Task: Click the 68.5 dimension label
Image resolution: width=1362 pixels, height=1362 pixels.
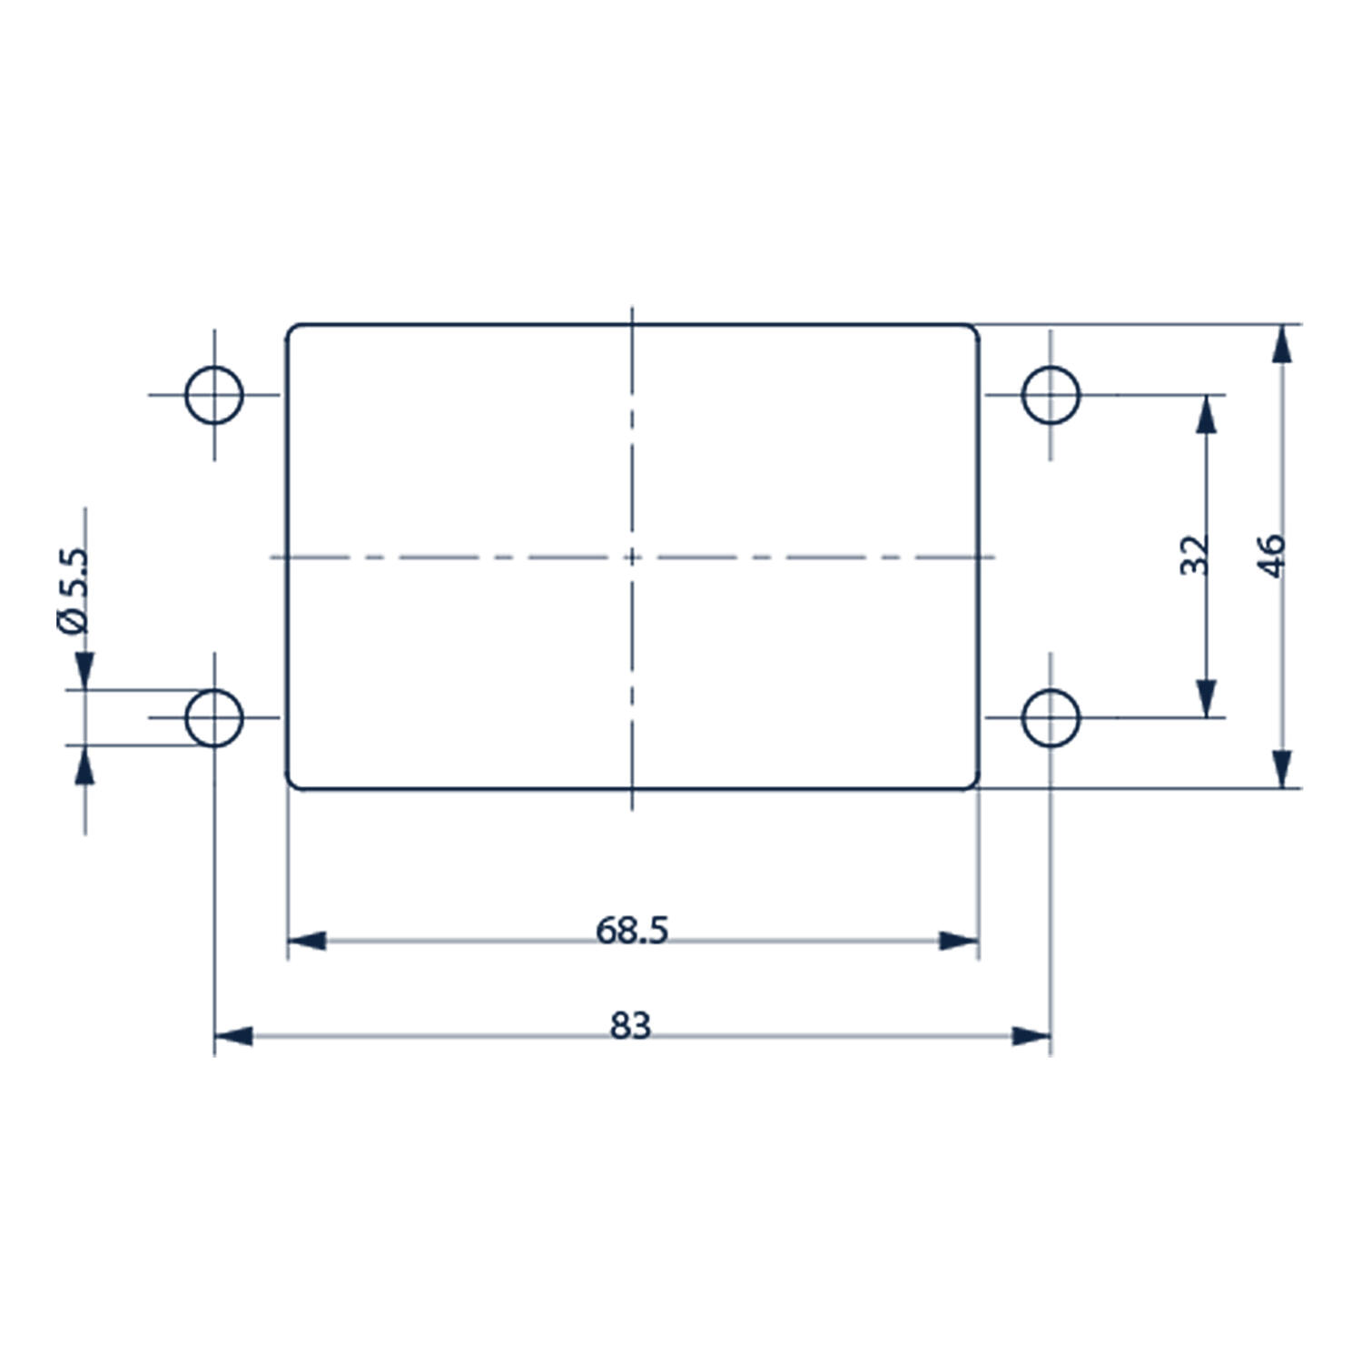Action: click(632, 930)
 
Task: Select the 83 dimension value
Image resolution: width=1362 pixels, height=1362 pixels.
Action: click(631, 1026)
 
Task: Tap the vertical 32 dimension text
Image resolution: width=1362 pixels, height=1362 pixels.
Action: click(1195, 555)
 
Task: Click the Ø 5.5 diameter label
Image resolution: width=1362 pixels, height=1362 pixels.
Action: click(73, 591)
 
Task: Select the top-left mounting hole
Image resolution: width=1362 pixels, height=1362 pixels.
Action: click(214, 395)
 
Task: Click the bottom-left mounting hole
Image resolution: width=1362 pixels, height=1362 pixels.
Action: click(214, 717)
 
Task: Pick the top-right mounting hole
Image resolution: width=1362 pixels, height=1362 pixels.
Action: click(1051, 395)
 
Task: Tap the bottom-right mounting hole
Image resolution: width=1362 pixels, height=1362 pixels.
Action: click(1051, 717)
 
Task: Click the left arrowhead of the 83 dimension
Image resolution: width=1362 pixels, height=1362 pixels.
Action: click(233, 1036)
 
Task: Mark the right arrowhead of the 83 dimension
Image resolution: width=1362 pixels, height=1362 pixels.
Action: click(1031, 1036)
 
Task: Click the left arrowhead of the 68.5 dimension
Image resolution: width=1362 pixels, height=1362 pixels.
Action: click(307, 941)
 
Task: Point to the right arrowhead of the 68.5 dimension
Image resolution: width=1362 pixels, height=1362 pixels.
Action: click(959, 941)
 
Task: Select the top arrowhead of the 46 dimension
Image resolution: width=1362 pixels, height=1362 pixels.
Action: click(1281, 344)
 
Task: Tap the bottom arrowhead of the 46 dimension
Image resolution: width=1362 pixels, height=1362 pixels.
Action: click(1281, 769)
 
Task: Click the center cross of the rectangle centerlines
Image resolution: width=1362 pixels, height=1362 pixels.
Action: click(632, 557)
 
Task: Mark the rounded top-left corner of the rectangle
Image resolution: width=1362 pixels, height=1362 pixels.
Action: click(291, 330)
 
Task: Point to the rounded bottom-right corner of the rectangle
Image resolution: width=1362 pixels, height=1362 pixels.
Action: click(974, 784)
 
